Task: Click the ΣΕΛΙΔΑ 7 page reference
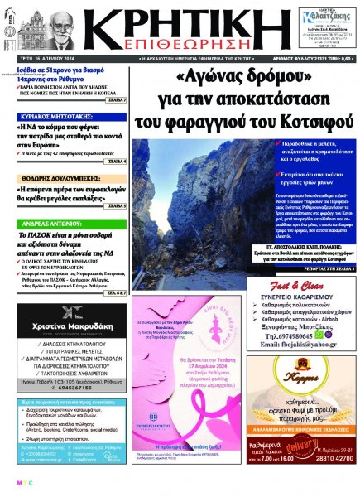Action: click(115, 99)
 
